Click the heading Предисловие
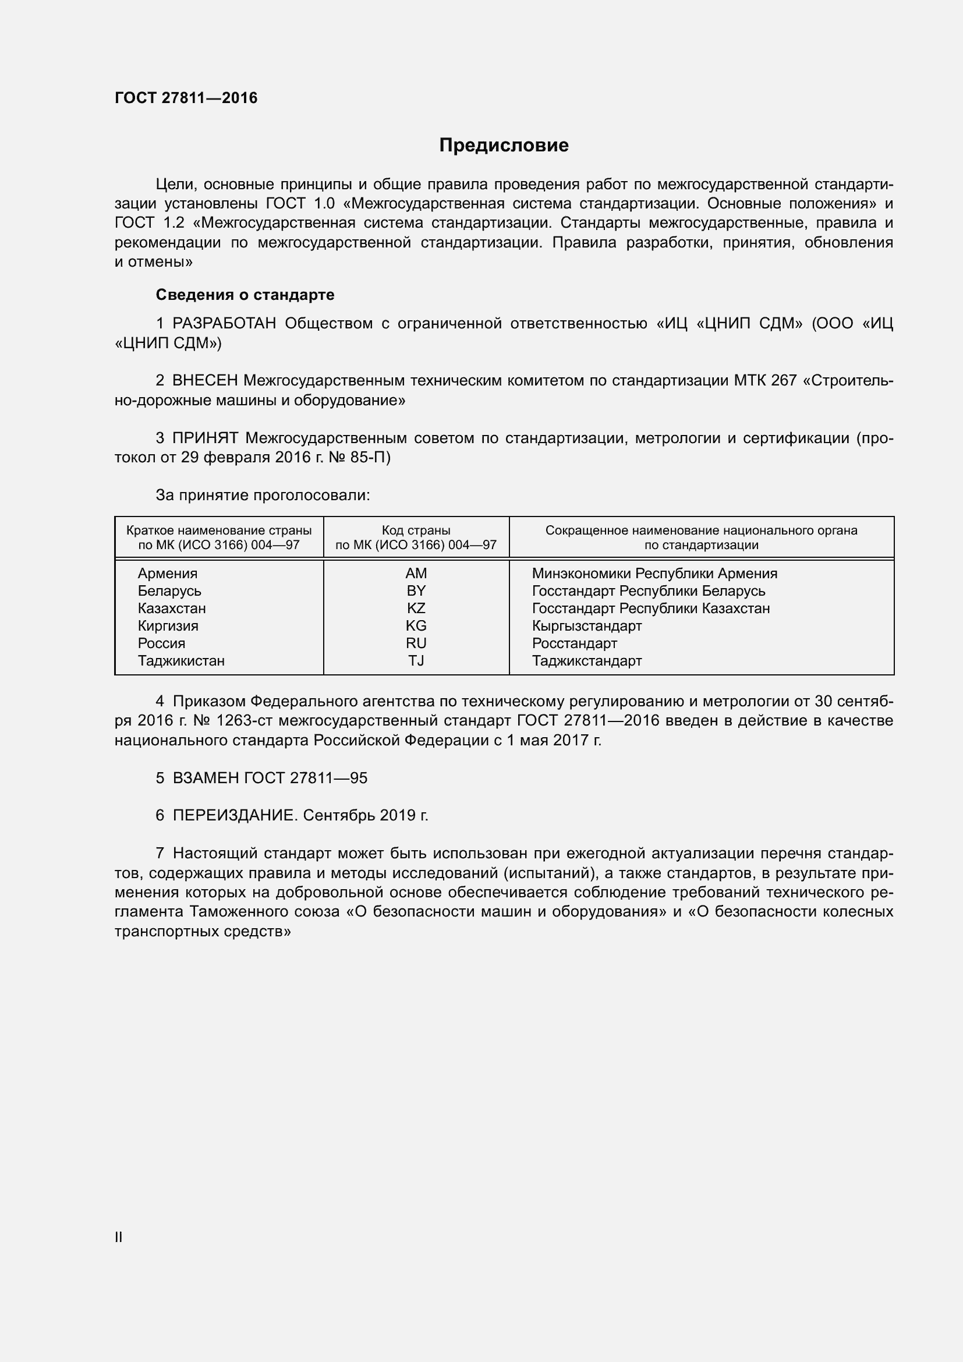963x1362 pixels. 504,146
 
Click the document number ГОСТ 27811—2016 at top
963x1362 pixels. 186,98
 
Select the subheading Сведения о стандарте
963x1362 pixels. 245,295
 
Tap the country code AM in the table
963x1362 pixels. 416,573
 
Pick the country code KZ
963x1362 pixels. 416,608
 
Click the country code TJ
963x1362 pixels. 416,660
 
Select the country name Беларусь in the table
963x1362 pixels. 169,591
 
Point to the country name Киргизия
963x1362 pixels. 168,626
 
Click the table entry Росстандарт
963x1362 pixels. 574,643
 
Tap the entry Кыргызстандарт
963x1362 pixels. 586,626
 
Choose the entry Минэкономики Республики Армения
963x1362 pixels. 654,573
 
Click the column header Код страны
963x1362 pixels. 416,530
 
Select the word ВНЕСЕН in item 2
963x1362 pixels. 205,381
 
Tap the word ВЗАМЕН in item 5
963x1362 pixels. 206,778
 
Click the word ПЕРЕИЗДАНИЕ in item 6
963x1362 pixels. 233,816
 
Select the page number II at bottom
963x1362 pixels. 119,1237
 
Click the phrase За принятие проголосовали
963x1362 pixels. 263,495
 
